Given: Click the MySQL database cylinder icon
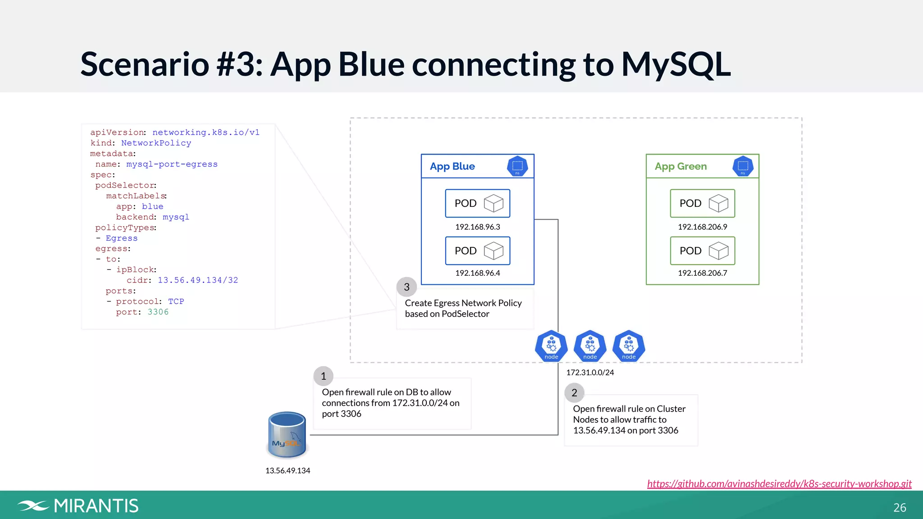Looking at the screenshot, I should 287,435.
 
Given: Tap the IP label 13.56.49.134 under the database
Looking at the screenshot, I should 288,470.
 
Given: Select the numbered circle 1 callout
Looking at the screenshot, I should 323,376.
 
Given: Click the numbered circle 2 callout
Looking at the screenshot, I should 574,393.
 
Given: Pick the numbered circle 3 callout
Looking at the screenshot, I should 407,287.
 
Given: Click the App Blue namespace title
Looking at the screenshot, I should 452,166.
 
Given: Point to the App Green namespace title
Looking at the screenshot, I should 681,166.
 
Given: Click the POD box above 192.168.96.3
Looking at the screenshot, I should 477,203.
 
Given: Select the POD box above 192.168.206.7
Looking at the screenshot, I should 702,250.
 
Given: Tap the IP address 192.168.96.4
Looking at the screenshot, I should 477,273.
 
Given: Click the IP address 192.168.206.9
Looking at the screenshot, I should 702,227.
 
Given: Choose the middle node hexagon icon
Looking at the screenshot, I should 590,346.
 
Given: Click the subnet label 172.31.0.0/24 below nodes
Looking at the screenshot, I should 590,373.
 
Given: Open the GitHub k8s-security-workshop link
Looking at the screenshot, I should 779,483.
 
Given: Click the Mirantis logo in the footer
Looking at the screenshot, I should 78,506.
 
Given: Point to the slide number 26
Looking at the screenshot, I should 899,508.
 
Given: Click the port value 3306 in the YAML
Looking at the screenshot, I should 158,312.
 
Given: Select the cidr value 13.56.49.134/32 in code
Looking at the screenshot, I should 197,280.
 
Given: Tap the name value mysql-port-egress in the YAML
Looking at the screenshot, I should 172,164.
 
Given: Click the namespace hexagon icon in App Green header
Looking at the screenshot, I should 742,166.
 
